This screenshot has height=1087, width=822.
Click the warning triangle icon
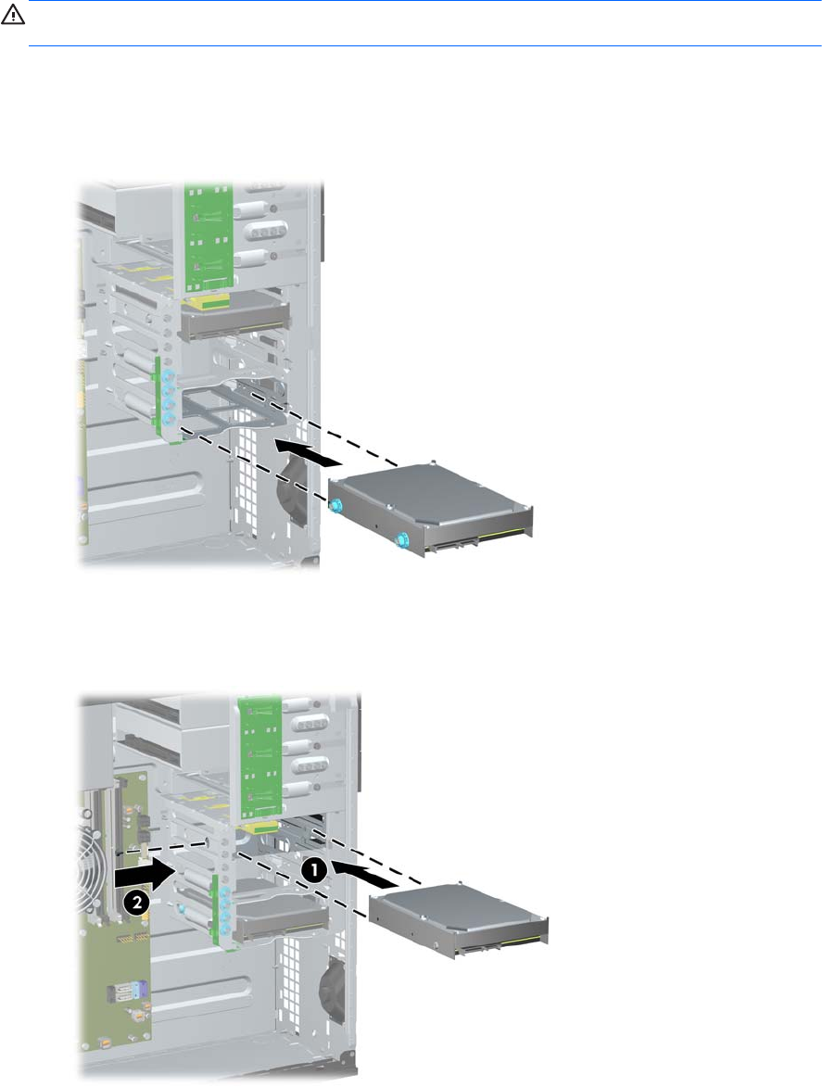pyautogui.click(x=13, y=16)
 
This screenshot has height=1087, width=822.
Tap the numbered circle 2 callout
pyautogui.click(x=136, y=903)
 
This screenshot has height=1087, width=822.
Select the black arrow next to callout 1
pyautogui.click(x=364, y=873)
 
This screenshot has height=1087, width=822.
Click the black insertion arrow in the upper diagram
pyautogui.click(x=309, y=451)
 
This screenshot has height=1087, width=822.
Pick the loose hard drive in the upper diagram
pyautogui.click(x=431, y=509)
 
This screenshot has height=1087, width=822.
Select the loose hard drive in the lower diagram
pyautogui.click(x=459, y=919)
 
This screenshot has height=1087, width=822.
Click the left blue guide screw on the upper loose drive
pyautogui.click(x=335, y=506)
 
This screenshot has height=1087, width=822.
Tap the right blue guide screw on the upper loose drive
pyautogui.click(x=400, y=541)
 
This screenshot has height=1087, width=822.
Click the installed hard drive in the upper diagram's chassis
pyautogui.click(x=234, y=319)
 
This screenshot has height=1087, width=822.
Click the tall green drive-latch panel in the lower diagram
pyautogui.click(x=260, y=759)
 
